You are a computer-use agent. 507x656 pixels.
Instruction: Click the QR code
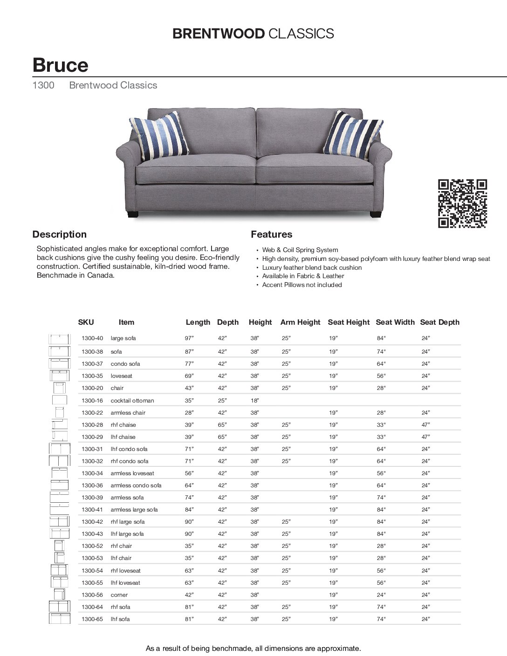[462, 204]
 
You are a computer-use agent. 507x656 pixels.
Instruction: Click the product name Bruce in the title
[60, 65]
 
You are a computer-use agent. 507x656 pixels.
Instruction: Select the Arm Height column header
[300, 322]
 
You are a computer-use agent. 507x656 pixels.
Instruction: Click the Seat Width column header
[395, 322]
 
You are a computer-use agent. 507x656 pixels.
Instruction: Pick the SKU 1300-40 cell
[92, 338]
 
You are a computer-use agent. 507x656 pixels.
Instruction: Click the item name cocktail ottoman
[132, 401]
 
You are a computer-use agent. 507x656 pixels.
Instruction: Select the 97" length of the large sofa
[189, 338]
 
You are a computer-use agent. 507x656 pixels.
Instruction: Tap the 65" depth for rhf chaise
[222, 425]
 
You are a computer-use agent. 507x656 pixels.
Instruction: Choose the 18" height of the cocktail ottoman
[254, 401]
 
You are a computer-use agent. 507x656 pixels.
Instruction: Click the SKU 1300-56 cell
[92, 595]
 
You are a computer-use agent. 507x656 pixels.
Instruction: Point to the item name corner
[119, 595]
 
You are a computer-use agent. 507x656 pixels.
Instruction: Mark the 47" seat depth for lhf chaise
[425, 437]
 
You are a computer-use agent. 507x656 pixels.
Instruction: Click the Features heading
[272, 234]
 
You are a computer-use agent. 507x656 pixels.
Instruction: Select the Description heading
[60, 234]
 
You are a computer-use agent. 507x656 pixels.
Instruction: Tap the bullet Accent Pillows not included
[302, 285]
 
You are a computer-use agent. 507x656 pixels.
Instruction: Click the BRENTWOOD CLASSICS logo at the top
[253, 34]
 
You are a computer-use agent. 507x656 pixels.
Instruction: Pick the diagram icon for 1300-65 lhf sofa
[59, 619]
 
